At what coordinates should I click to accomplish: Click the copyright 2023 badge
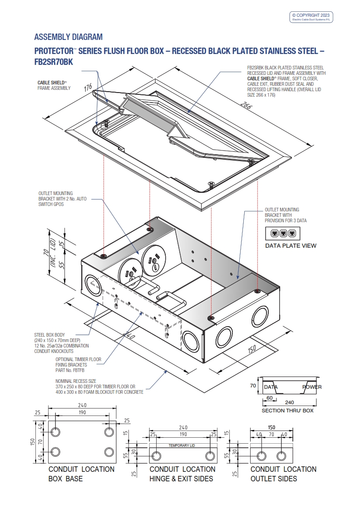311,17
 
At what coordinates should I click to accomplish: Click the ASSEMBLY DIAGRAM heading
69,37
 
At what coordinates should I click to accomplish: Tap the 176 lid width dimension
88,87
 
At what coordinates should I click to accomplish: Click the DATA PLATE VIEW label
291,246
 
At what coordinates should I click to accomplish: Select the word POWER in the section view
312,387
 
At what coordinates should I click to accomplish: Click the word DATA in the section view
271,387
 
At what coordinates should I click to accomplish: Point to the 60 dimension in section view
270,398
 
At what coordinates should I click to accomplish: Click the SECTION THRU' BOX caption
287,411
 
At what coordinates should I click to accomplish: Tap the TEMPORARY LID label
182,445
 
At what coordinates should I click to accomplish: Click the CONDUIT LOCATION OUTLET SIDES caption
283,474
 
